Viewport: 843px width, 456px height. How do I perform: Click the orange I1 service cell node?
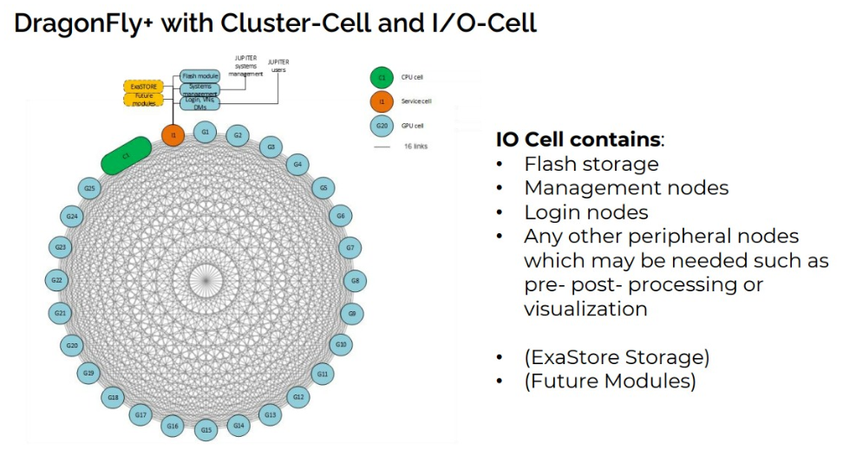click(173, 134)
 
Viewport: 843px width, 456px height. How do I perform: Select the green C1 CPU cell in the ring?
click(127, 155)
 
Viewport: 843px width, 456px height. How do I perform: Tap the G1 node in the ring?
click(205, 132)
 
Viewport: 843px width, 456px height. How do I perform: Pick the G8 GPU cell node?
click(354, 280)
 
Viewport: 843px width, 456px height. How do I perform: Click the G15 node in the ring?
click(206, 429)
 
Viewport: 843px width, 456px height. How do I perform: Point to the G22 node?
click(57, 280)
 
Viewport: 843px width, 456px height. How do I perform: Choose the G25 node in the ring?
click(88, 187)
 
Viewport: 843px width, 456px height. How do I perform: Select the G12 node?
click(298, 396)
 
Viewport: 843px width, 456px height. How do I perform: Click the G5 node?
click(323, 187)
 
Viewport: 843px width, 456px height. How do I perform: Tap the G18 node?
click(113, 397)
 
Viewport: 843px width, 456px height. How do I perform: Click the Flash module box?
click(199, 76)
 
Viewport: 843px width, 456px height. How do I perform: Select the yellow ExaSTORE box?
click(143, 87)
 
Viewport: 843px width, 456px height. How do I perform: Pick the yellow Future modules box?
click(143, 100)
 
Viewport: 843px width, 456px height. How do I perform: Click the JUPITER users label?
click(278, 66)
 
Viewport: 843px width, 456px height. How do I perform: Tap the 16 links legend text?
click(415, 147)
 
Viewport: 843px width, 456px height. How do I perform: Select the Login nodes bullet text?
click(585, 212)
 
